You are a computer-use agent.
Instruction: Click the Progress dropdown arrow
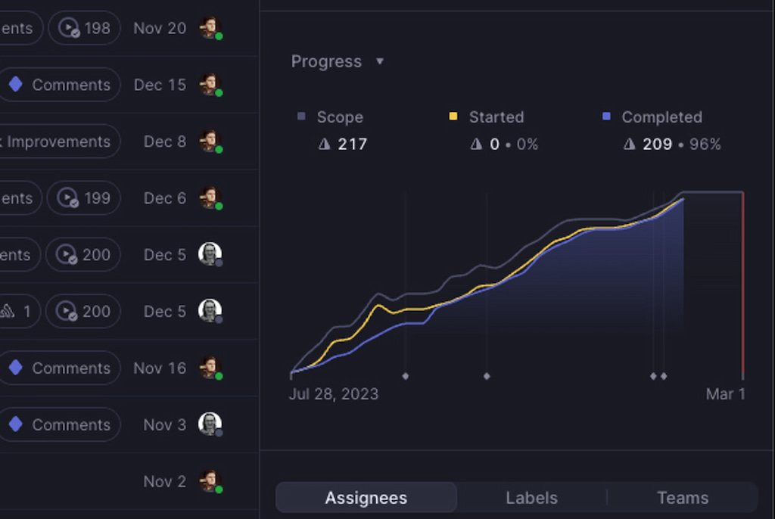tap(380, 61)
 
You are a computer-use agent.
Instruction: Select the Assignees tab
tap(366, 498)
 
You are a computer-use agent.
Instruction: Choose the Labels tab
tap(531, 498)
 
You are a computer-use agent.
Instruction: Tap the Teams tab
tap(683, 498)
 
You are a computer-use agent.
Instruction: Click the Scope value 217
tap(352, 144)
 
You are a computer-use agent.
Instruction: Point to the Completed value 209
tap(657, 144)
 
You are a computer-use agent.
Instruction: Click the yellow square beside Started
tap(453, 117)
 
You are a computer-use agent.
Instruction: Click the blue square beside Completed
tap(606, 117)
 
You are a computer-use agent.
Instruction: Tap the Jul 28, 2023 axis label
tap(334, 394)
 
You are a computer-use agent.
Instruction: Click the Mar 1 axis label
tap(725, 394)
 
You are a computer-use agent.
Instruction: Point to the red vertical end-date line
tap(743, 287)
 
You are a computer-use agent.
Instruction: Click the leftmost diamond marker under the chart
tap(406, 376)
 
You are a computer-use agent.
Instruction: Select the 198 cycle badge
tap(84, 28)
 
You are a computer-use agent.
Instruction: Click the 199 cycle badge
tap(84, 198)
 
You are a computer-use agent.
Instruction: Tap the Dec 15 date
tap(160, 85)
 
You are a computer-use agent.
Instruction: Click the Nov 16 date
tap(160, 368)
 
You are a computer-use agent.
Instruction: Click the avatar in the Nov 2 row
tap(210, 481)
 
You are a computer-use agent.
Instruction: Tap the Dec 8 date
tap(164, 141)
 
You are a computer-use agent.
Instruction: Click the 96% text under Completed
tap(705, 144)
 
